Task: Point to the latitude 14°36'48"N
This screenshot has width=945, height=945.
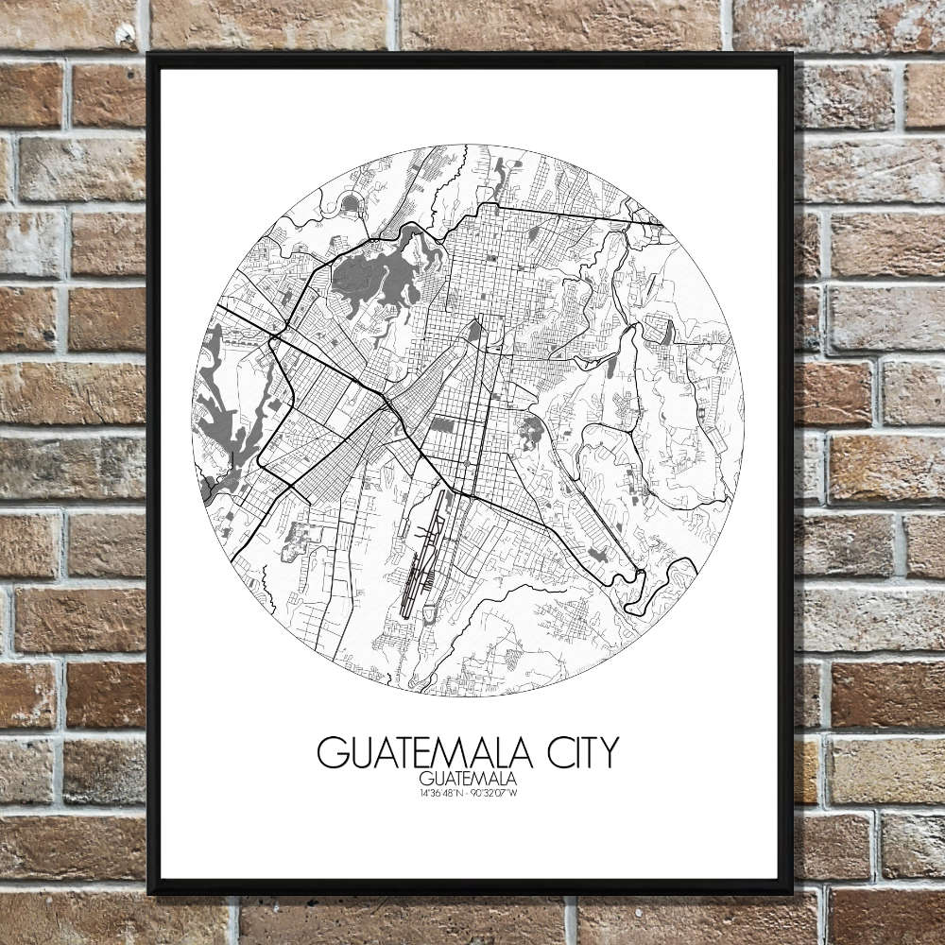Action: [439, 792]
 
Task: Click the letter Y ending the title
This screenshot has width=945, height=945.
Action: [608, 752]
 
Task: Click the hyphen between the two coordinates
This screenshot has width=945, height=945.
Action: [468, 792]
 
